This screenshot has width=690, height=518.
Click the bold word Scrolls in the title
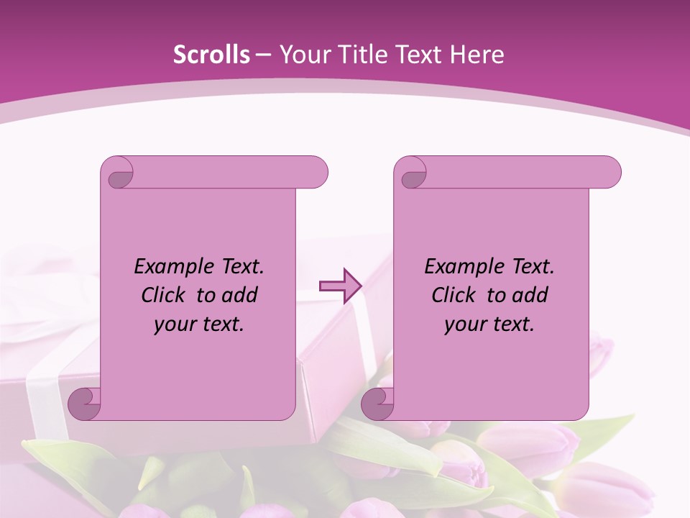pyautogui.click(x=211, y=55)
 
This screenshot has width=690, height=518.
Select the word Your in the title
pyautogui.click(x=303, y=55)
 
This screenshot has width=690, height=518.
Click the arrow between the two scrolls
pyautogui.click(x=340, y=286)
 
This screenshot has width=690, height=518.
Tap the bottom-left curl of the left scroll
pyautogui.click(x=84, y=404)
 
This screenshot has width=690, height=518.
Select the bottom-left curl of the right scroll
pyautogui.click(x=377, y=404)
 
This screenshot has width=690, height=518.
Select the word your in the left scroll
pyautogui.click(x=175, y=324)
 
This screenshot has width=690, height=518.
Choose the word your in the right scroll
pyautogui.click(x=466, y=324)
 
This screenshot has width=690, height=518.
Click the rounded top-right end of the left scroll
pyautogui.click(x=316, y=173)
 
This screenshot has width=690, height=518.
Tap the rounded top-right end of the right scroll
pyautogui.click(x=609, y=173)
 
